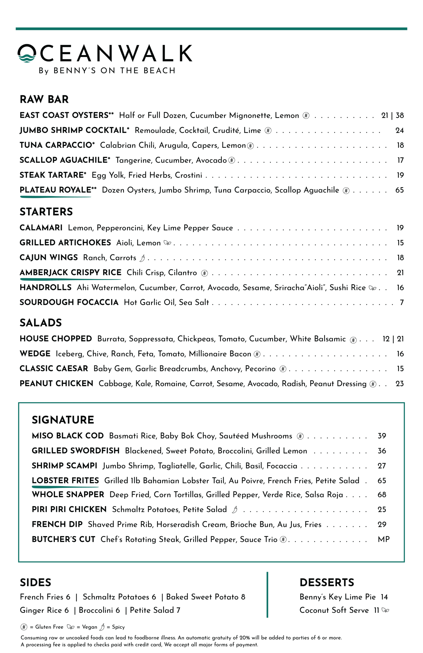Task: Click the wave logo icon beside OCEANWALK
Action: pyautogui.click(x=27, y=54)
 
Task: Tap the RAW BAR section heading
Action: pyautogui.click(x=44, y=99)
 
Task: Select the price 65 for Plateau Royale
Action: pyautogui.click(x=400, y=190)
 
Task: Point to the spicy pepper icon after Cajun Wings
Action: pyautogui.click(x=142, y=258)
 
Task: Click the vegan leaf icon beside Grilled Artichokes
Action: pyautogui.click(x=167, y=243)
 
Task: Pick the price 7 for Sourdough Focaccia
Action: pyautogui.click(x=402, y=303)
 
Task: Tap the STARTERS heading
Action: pyautogui.click(x=46, y=212)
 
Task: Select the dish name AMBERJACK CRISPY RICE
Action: pyautogui.click(x=70, y=273)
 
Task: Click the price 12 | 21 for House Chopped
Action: pyautogui.click(x=393, y=339)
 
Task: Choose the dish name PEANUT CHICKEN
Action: pyautogui.click(x=56, y=383)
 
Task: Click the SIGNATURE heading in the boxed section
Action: pyautogui.click(x=63, y=420)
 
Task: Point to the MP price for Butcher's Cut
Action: pyautogui.click(x=383, y=539)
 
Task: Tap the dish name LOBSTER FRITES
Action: pyautogui.click(x=65, y=481)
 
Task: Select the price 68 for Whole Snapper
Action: pyautogui.click(x=382, y=495)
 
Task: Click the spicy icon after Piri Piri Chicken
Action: pyautogui.click(x=234, y=510)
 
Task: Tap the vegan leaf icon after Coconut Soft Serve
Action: pyautogui.click(x=385, y=610)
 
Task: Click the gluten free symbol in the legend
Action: pyautogui.click(x=24, y=627)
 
